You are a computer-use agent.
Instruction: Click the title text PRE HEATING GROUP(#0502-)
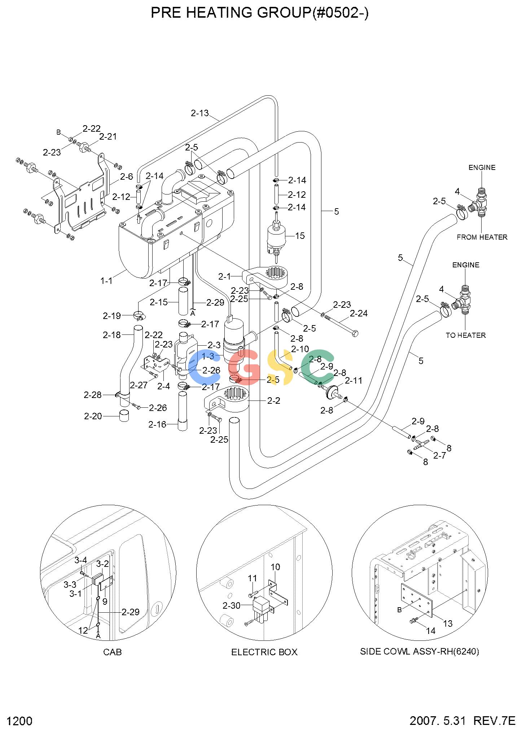(x=259, y=13)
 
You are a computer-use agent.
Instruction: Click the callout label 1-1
(x=106, y=280)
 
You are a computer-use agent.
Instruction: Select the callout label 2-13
(x=200, y=113)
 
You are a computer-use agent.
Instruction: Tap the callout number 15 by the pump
(x=300, y=236)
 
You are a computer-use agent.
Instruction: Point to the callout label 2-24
(x=359, y=313)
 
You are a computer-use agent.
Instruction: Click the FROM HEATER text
(x=482, y=237)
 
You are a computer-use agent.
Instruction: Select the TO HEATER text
(x=466, y=335)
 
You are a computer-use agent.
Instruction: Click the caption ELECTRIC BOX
(x=264, y=652)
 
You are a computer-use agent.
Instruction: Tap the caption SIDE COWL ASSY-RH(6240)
(x=420, y=651)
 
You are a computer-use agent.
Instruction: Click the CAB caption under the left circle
(x=113, y=652)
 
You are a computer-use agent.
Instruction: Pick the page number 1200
(x=20, y=721)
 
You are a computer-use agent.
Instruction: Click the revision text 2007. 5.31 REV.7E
(x=462, y=721)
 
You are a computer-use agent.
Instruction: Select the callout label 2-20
(x=93, y=416)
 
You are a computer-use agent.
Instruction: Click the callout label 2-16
(x=157, y=424)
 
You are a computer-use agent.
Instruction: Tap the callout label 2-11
(x=354, y=381)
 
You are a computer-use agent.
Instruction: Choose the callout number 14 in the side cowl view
(x=431, y=631)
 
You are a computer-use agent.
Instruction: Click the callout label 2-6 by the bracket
(x=127, y=176)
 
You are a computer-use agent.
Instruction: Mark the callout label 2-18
(x=112, y=335)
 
